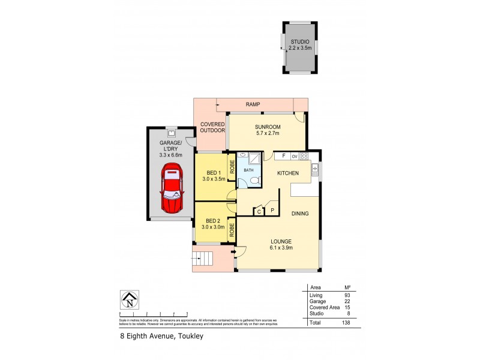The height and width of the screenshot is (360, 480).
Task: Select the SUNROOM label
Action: coord(266,127)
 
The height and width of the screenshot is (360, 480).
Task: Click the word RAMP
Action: coord(253,104)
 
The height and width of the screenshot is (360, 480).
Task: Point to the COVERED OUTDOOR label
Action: coord(212,127)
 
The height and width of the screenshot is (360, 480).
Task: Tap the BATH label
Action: coord(248,170)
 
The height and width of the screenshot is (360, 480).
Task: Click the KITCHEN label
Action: coord(287,173)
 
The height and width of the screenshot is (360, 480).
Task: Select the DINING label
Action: coord(300,213)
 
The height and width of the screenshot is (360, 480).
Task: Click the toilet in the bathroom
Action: coord(254,181)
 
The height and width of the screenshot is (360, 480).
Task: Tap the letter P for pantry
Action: coord(272,211)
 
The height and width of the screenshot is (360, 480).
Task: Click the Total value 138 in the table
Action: coord(346,323)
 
